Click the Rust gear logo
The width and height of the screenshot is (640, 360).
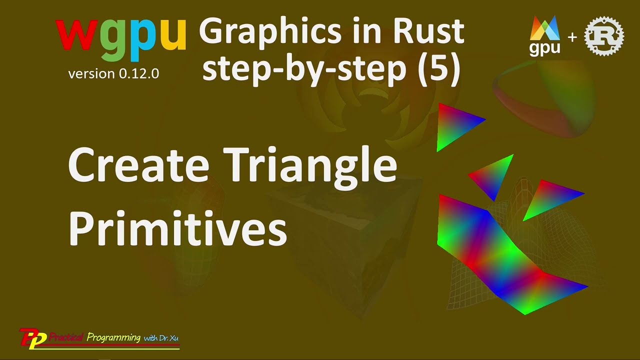pyautogui.click(x=604, y=36)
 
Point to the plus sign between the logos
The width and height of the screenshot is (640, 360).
pyautogui.click(x=572, y=37)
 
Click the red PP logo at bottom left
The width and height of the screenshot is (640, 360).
pyautogui.click(x=33, y=337)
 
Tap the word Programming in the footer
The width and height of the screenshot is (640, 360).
pyautogui.click(x=113, y=337)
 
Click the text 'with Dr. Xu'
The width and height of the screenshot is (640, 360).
pyautogui.click(x=161, y=338)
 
